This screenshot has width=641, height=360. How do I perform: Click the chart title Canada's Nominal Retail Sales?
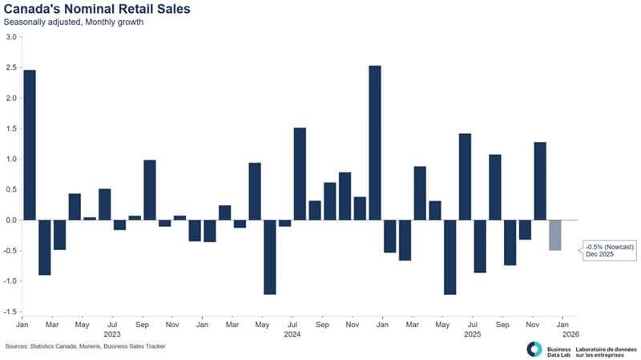click(x=88, y=9)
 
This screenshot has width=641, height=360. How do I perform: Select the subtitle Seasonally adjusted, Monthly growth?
click(x=74, y=22)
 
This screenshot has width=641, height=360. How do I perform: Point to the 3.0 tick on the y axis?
click(x=12, y=37)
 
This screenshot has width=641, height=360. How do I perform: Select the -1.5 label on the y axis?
click(x=11, y=312)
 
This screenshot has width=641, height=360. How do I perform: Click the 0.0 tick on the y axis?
click(x=12, y=220)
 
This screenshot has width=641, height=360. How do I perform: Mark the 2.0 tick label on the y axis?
click(x=12, y=98)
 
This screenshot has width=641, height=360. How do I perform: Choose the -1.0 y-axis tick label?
click(x=11, y=281)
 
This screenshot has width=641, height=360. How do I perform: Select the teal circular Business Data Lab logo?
click(x=534, y=349)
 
